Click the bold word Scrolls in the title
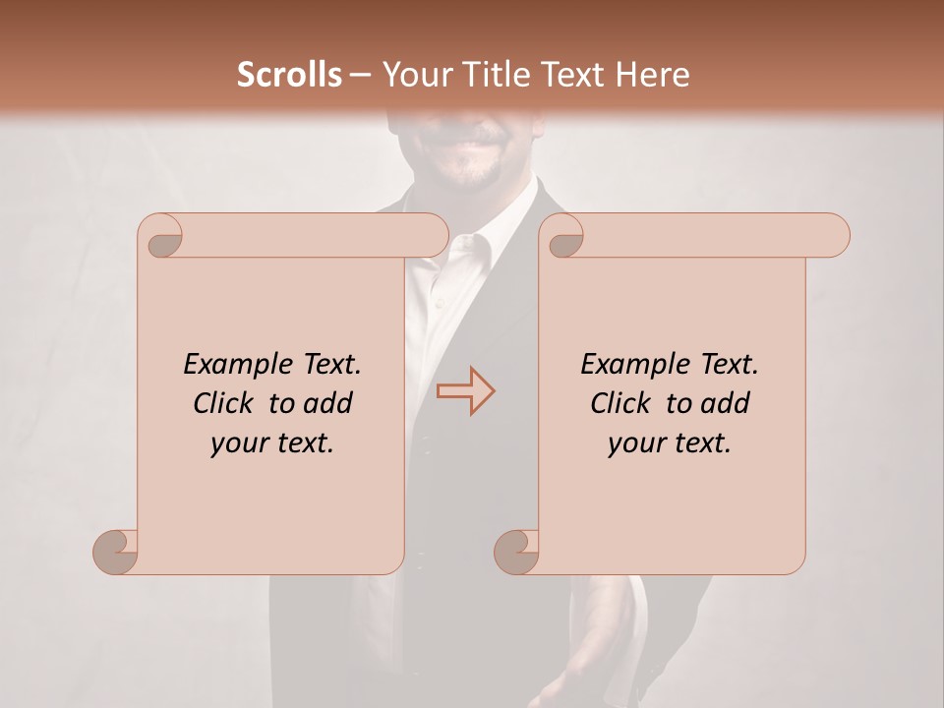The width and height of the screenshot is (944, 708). [289, 75]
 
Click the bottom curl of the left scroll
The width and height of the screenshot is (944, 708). [117, 551]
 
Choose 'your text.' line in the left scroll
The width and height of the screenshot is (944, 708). [272, 442]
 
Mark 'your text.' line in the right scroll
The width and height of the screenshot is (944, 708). [670, 442]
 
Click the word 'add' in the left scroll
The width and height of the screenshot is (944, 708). [328, 403]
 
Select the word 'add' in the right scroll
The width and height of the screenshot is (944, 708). [726, 403]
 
